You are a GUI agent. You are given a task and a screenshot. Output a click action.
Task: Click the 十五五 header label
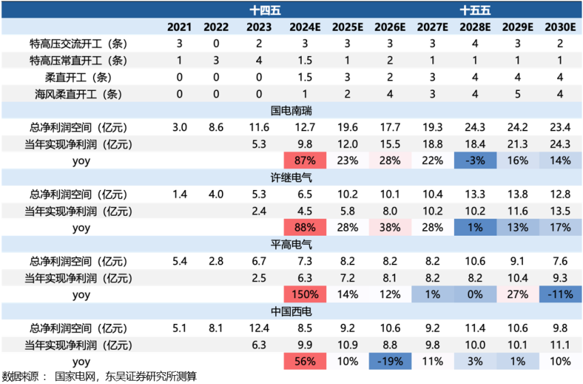point(474,10)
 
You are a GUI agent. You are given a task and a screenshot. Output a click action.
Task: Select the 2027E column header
point(432,27)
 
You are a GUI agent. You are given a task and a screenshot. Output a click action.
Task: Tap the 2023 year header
point(259,27)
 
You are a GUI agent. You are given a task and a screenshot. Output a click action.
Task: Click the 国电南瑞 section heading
point(291,110)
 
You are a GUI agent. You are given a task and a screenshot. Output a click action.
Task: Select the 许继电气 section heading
point(291,177)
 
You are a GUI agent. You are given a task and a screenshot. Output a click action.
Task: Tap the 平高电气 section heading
point(291,244)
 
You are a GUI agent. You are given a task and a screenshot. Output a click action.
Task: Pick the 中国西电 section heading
point(291,311)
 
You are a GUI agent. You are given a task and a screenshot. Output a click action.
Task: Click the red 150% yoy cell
point(305,294)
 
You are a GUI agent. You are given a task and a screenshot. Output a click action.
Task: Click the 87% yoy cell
point(305,161)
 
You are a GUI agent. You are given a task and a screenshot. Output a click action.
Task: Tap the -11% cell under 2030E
point(558,294)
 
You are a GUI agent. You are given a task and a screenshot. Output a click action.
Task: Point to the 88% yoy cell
point(305,228)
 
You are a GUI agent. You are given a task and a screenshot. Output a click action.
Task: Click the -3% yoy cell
point(474,161)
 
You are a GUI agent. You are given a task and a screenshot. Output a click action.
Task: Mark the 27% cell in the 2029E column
point(517,294)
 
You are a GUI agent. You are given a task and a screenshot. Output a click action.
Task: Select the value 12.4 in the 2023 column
point(259,328)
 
